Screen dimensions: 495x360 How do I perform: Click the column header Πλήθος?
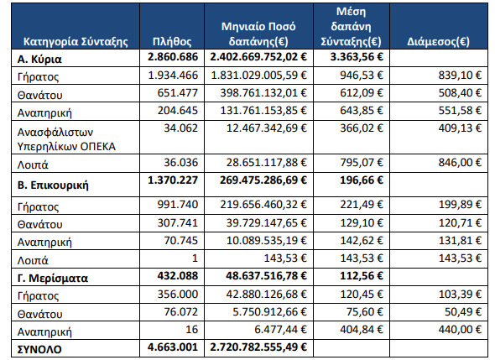(x=172, y=42)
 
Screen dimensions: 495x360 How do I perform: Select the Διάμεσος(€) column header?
(x=438, y=42)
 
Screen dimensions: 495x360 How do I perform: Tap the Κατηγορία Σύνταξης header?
(x=76, y=42)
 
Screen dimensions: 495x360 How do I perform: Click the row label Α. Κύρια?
(x=39, y=59)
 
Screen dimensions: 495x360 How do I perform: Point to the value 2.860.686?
(x=173, y=57)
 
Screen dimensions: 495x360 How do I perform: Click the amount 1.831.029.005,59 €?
(x=259, y=76)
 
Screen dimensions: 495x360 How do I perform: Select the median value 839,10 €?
(x=460, y=76)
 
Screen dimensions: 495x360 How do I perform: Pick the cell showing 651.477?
(x=178, y=93)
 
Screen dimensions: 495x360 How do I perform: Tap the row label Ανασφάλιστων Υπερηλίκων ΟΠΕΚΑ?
(x=66, y=139)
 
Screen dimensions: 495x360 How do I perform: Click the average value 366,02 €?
(x=362, y=128)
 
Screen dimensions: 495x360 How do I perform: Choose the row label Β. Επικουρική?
(x=53, y=185)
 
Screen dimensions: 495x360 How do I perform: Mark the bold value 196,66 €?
(x=362, y=180)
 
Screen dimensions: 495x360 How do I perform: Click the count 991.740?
(x=178, y=205)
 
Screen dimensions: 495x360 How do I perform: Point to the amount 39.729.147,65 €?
(x=267, y=223)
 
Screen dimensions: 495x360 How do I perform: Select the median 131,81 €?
(x=460, y=241)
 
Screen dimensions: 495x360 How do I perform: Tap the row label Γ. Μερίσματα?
(x=53, y=279)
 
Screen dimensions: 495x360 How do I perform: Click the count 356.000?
(x=178, y=295)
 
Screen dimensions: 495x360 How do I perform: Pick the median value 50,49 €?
(x=463, y=312)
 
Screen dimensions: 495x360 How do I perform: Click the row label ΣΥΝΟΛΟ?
(x=39, y=350)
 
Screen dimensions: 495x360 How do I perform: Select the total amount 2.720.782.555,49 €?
(x=258, y=347)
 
